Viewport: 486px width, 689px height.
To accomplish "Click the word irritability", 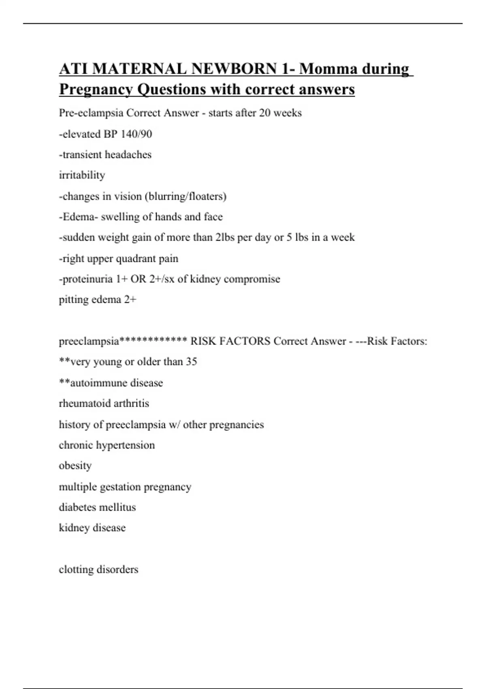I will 82,175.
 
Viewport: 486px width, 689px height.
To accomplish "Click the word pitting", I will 72,300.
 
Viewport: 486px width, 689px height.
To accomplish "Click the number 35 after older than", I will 191,362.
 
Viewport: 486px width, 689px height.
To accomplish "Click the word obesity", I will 75,466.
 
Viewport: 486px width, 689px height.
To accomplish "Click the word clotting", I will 77,569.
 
